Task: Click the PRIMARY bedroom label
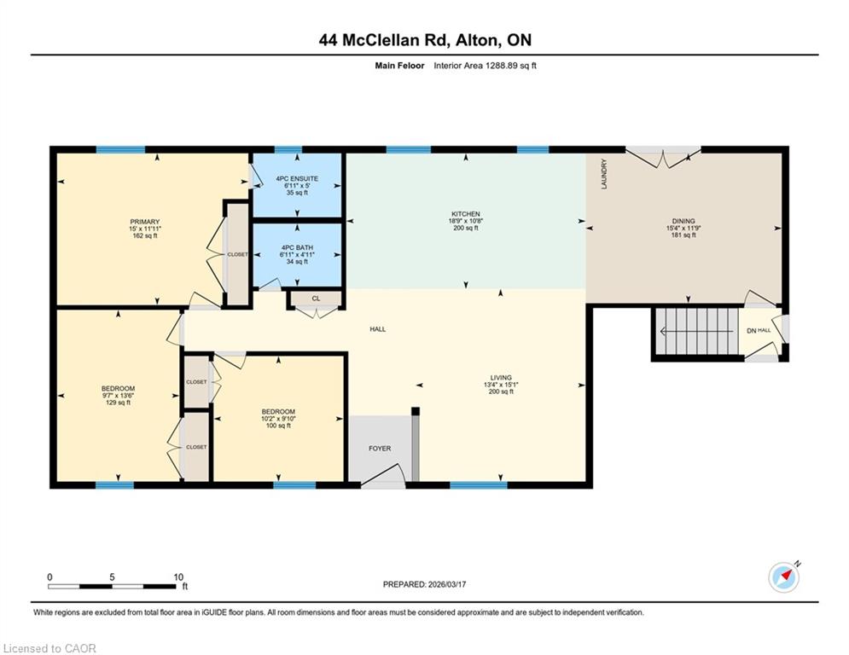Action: (144, 222)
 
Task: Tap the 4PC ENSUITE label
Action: (297, 178)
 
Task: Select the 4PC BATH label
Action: (297, 247)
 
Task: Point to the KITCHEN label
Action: (466, 214)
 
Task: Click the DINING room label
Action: (683, 221)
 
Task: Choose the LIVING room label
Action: (501, 378)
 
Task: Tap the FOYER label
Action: (380, 449)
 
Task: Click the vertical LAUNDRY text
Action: (604, 174)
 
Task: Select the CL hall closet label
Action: (316, 299)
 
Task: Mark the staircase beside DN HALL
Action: (696, 331)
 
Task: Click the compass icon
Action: (784, 577)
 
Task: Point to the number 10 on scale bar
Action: (178, 577)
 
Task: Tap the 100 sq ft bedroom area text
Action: (278, 426)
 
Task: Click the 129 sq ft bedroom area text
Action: (118, 403)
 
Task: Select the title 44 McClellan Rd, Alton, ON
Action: (425, 40)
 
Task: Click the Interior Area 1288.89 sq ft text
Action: (486, 66)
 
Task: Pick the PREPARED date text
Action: (425, 584)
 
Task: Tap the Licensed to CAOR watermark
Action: (49, 648)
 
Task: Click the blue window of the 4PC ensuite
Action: (288, 150)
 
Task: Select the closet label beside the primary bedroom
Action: (237, 254)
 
